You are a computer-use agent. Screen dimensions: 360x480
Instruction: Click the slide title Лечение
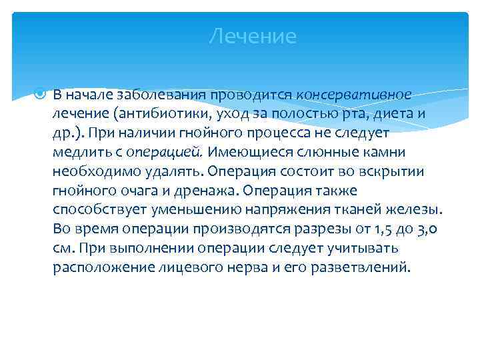click(252, 36)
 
